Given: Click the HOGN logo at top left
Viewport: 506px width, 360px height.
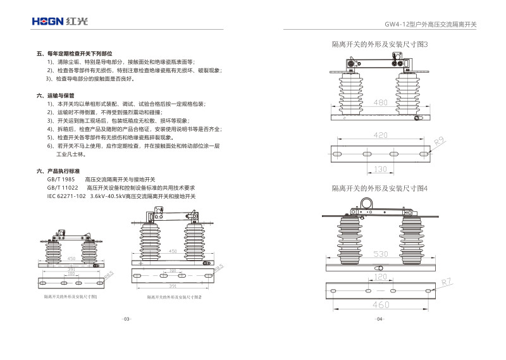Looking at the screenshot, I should coord(61,22).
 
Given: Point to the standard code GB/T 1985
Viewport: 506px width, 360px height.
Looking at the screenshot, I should coord(61,180).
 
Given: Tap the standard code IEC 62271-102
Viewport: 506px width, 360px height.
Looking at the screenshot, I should coord(66,196).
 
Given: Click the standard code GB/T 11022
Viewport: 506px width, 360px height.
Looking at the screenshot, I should coord(63,188).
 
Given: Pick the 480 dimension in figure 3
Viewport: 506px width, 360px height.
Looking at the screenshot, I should coord(380,102).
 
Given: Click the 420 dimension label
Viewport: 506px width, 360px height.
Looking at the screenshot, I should coord(380,135).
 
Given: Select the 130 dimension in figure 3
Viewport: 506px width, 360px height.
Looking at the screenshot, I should coord(379,169).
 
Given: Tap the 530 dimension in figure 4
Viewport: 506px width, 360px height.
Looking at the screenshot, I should coord(380,254).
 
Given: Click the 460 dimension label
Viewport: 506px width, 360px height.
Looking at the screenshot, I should coord(380,305).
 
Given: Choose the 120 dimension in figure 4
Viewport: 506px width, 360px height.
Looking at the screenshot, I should coord(379,277).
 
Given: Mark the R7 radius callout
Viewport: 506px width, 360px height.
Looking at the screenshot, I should coord(447,282).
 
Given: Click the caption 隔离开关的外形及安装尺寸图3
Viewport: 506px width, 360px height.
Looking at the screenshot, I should coord(379,44).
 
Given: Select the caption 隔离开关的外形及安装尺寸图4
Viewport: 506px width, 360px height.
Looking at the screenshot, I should coord(379,189).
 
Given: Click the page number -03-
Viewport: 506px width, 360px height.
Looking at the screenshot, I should coord(126,319).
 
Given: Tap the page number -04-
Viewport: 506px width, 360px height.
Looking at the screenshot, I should coord(379,319).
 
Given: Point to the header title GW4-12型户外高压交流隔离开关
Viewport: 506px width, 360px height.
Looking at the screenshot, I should coord(431,25).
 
